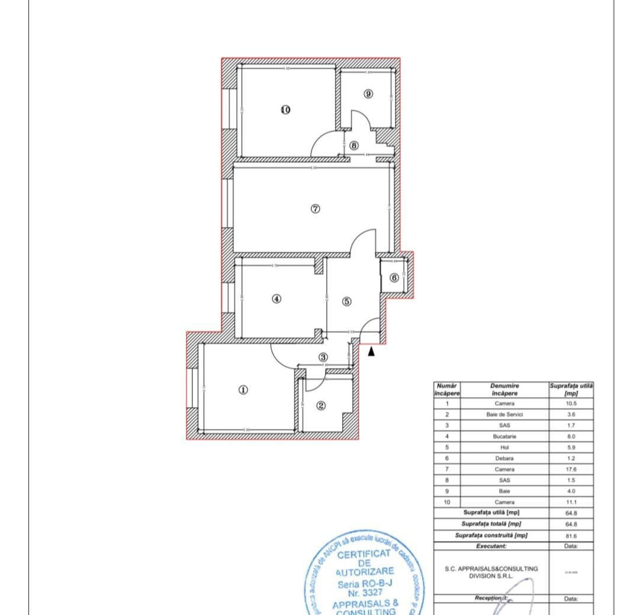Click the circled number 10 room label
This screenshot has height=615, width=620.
pos(285,110)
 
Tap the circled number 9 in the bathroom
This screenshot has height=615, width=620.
pos(368,94)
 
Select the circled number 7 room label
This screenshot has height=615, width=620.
pos(315,209)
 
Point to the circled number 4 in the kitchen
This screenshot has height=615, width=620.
pos(276,299)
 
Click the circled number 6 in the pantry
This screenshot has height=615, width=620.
pos(394,277)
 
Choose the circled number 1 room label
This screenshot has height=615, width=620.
pos(243,389)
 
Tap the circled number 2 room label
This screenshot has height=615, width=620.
pos(322,406)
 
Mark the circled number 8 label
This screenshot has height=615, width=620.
pos(354,145)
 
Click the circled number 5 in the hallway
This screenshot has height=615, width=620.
pos(347,302)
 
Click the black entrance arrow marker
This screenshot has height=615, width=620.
pos(371,351)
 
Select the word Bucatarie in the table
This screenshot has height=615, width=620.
pos(505,436)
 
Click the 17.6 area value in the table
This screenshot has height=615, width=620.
pos(571,469)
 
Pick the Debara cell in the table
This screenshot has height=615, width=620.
pos(505,458)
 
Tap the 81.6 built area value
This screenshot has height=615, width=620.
pos(571,536)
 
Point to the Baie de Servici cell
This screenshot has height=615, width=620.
pos(505,414)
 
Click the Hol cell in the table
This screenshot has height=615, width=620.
pos(505,447)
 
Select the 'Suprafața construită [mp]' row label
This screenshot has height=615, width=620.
pos(491,536)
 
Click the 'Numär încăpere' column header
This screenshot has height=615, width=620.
pos(447,389)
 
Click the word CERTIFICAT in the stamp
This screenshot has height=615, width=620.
pos(364,555)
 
